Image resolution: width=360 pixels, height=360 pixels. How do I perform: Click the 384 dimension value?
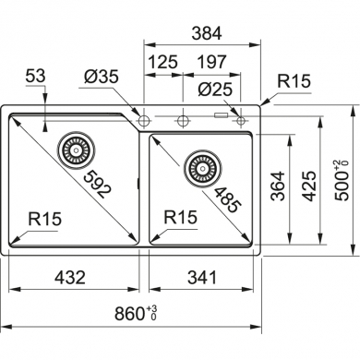206,33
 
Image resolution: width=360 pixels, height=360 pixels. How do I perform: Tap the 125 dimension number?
163,62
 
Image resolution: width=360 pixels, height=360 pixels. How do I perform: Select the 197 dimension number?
211,62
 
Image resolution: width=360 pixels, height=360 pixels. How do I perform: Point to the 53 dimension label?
35,76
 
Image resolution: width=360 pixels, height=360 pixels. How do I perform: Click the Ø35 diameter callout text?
102,77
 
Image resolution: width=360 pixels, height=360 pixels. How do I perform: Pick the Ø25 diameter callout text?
215,90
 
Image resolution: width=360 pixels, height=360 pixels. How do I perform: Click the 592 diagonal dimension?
96,185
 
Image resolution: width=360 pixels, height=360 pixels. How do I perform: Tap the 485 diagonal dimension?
226,199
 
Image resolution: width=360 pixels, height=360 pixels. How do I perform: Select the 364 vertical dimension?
278,186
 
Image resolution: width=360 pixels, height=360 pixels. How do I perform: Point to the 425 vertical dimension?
309,186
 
